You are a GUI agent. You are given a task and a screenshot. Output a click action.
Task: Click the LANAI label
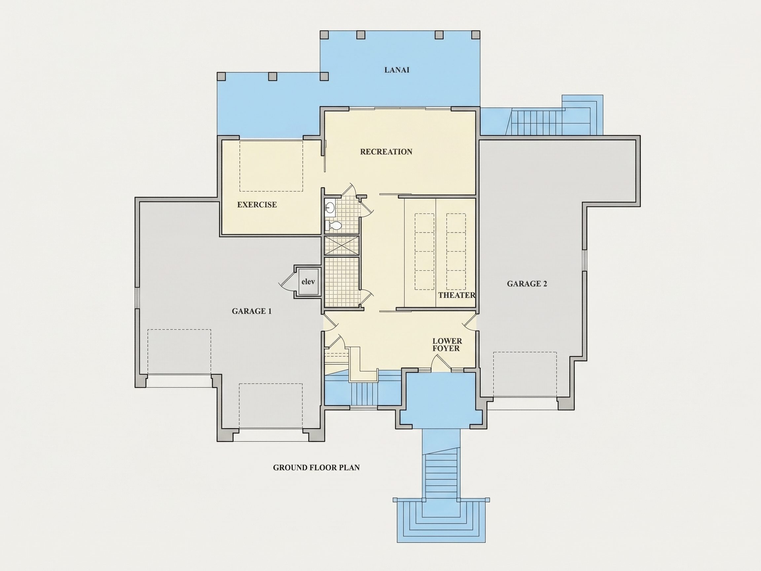tap(397, 70)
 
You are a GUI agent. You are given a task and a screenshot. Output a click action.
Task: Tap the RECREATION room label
tap(386, 152)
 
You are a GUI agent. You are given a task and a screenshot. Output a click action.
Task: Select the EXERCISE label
tap(257, 205)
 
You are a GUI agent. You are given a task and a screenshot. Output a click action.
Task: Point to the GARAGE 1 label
tap(251, 311)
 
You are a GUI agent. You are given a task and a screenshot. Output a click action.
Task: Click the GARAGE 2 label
tap(527, 284)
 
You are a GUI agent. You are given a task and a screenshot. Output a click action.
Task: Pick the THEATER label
tap(456, 295)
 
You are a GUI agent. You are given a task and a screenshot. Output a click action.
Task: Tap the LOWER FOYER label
tap(447, 345)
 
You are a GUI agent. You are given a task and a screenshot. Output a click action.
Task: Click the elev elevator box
tap(308, 282)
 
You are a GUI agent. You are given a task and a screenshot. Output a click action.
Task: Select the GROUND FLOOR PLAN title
tap(316, 467)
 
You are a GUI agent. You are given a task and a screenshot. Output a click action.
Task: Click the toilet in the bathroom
tap(333, 226)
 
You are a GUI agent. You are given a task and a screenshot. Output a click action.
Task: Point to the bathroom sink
tap(330, 207)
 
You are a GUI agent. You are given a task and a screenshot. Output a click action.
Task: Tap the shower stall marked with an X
tap(342, 246)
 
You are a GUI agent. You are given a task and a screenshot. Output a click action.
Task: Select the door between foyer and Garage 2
tap(469, 322)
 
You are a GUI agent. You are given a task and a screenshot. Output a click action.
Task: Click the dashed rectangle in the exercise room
tap(271, 166)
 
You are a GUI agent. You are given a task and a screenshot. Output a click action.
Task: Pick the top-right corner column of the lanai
tap(475, 35)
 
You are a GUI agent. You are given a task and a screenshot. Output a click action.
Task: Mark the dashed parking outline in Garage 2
tap(525, 374)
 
